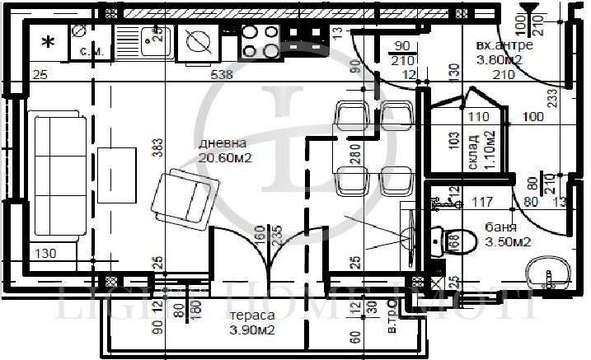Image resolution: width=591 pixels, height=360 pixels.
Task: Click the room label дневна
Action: point(218,143)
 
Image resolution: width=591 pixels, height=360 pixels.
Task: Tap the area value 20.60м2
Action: point(225,157)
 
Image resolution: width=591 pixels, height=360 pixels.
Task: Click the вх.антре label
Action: point(504,45)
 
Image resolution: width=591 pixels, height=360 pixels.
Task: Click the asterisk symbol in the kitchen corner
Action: point(48,42)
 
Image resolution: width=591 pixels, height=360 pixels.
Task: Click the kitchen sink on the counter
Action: point(154,37)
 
